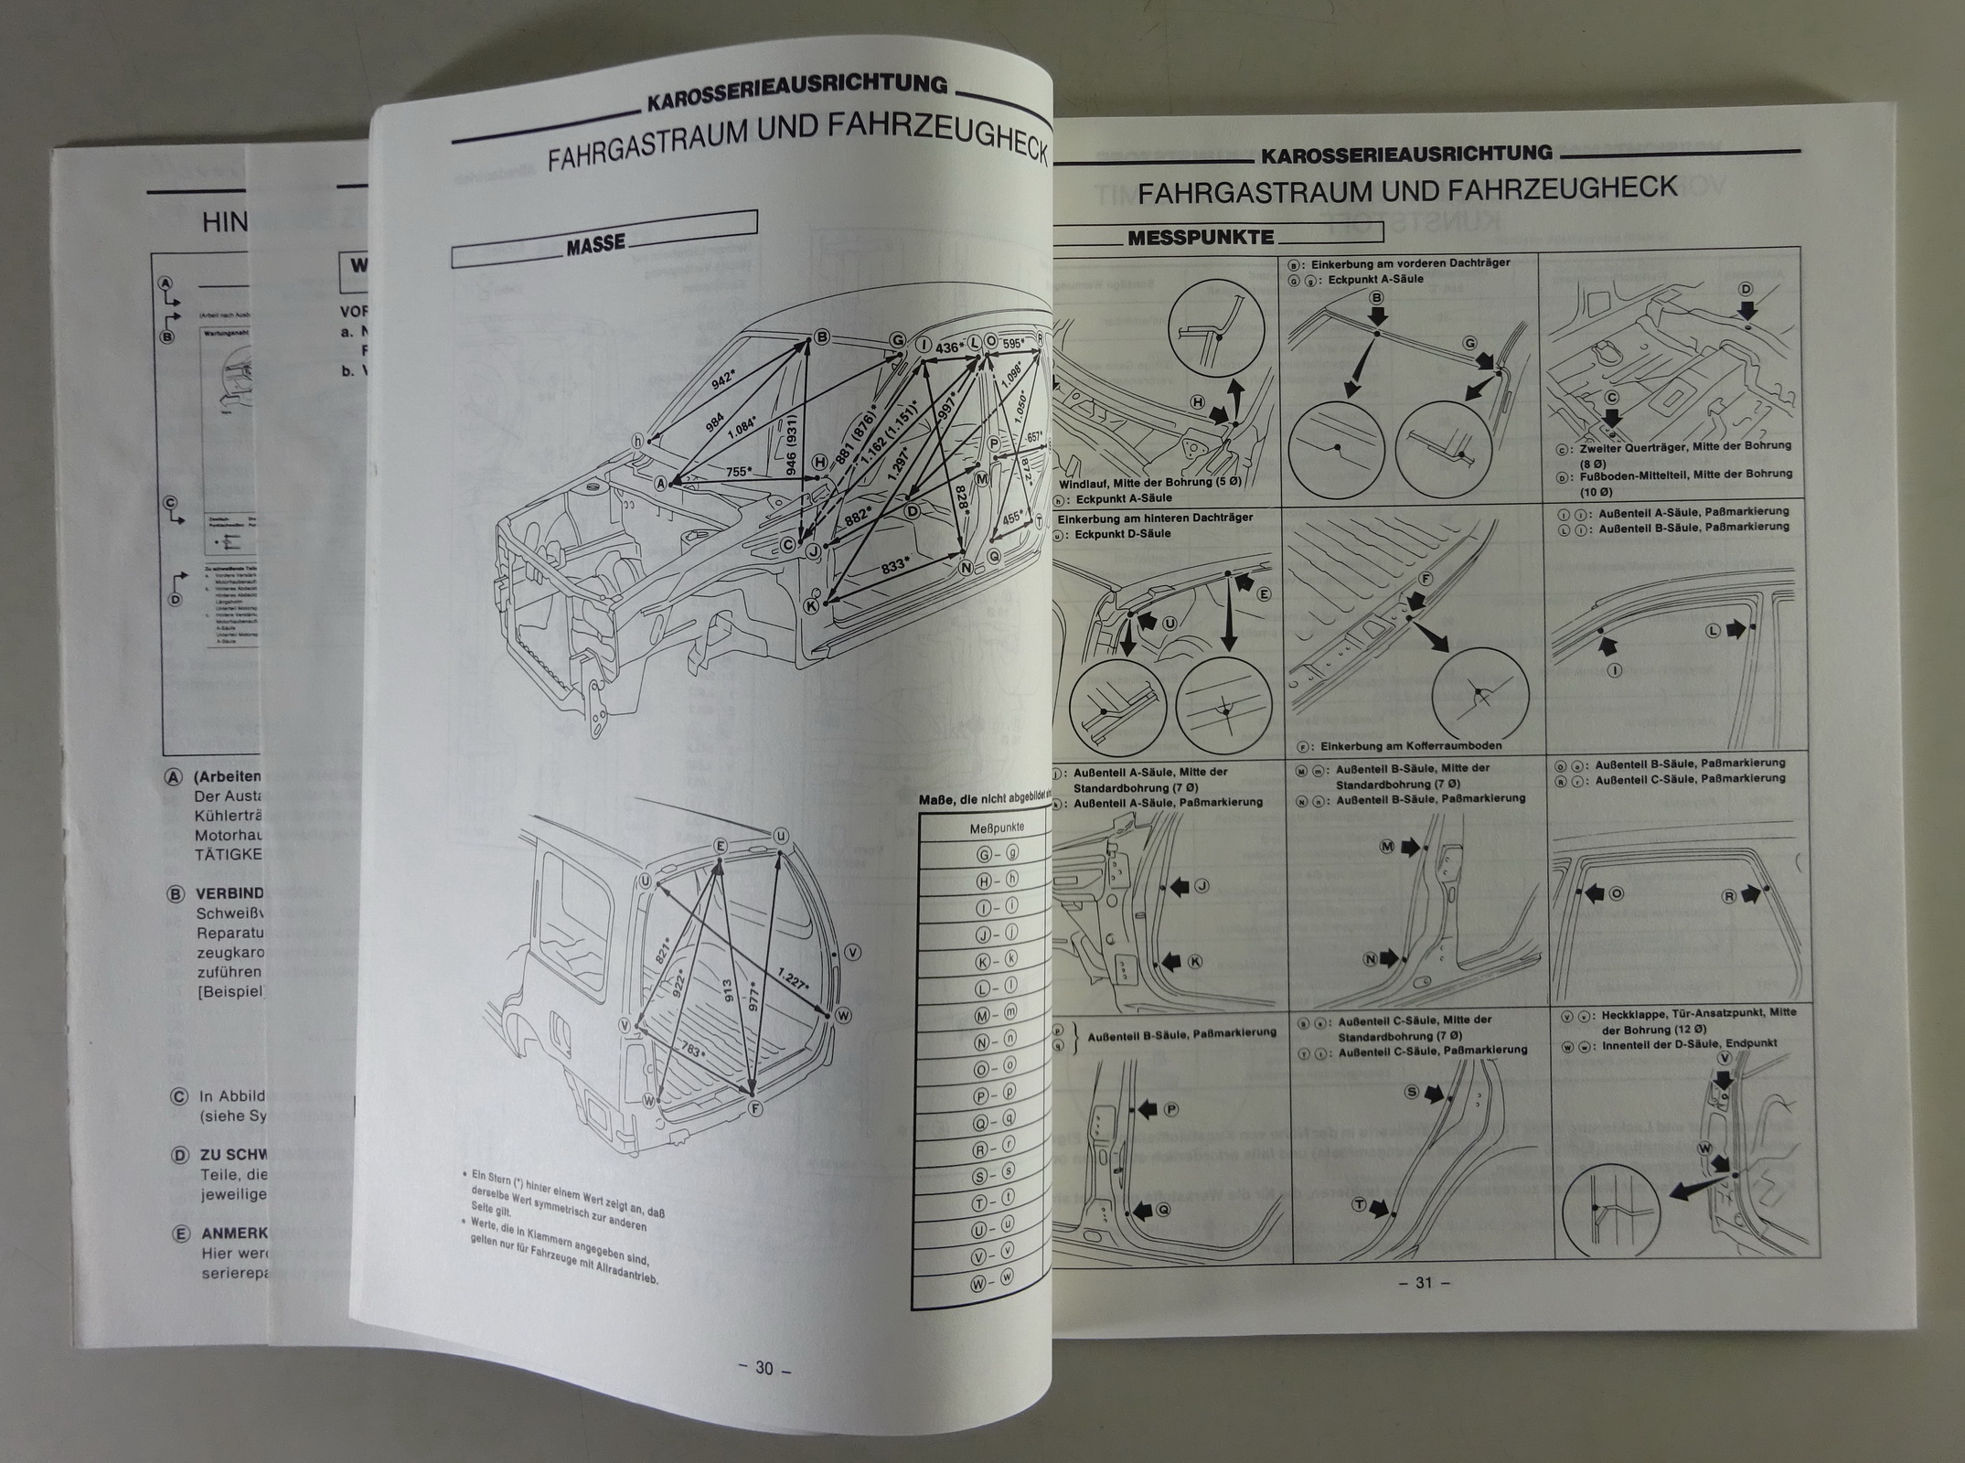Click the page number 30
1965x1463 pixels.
(x=764, y=1369)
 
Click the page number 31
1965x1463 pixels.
(x=1423, y=1283)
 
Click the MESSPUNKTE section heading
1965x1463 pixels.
(x=1200, y=238)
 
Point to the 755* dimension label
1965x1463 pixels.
(x=740, y=473)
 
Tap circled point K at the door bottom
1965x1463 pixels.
(x=810, y=605)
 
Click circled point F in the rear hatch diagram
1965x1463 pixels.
(x=755, y=1107)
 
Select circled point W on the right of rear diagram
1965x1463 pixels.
(x=842, y=1015)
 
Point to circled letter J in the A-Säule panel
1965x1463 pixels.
(x=1201, y=885)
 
